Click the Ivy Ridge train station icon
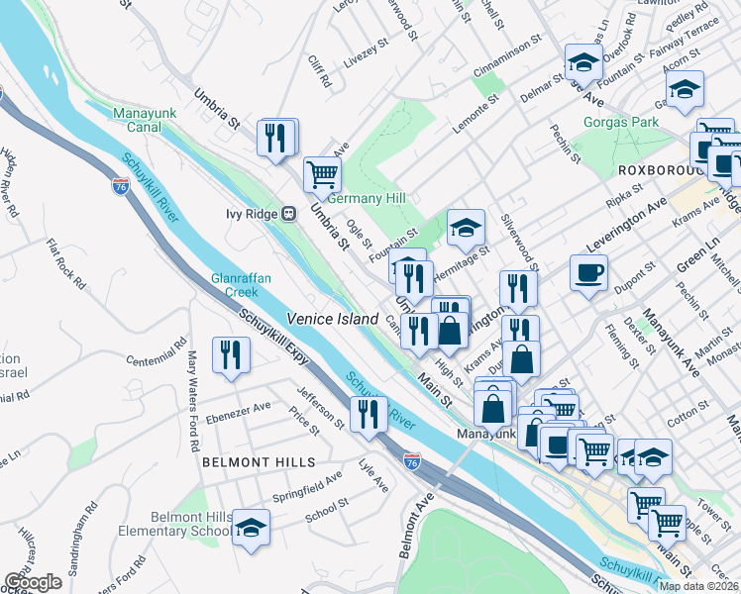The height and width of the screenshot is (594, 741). pyautogui.click(x=289, y=213)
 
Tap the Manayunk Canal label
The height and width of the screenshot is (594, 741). pyautogui.click(x=146, y=123)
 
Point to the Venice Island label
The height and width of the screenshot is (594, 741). pyautogui.click(x=333, y=319)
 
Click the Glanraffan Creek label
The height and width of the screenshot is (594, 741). pyautogui.click(x=235, y=285)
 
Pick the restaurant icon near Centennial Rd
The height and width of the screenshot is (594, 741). pyautogui.click(x=231, y=355)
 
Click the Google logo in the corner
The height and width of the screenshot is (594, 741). pyautogui.click(x=33, y=582)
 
